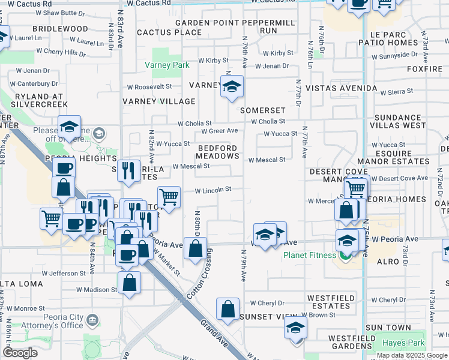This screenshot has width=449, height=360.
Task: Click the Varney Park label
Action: tap(167, 65)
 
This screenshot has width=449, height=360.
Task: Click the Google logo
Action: tap(20, 353)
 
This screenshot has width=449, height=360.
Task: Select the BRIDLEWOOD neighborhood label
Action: tap(60, 29)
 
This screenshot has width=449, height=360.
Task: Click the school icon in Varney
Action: tap(232, 88)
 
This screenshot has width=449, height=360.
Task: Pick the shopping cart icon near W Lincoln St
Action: tap(169, 197)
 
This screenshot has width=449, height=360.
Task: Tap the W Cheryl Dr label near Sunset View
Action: tap(267, 303)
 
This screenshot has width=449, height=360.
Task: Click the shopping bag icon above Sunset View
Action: tap(228, 310)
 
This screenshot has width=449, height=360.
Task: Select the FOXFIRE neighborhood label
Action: tap(424, 69)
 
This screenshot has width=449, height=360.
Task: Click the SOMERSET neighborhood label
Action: tap(262, 111)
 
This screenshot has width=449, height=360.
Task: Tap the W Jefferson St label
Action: tap(62, 273)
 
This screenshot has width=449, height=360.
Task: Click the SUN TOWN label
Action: tap(388, 328)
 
